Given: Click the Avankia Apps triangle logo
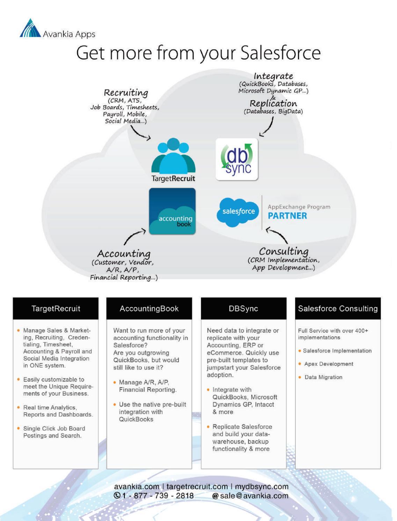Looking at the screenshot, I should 30,28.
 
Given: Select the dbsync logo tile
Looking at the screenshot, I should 237,159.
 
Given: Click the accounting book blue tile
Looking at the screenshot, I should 172,211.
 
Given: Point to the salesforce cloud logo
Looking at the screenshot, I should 238,211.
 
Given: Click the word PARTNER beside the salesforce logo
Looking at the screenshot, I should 287,216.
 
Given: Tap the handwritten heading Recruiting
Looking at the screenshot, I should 126,93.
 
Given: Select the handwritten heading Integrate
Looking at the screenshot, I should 273,76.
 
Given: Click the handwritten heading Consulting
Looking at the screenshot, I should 283,251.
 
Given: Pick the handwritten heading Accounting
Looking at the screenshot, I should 124,253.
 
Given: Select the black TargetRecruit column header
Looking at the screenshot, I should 56,309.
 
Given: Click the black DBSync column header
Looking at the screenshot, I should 243,309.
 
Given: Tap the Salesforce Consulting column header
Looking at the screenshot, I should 338,309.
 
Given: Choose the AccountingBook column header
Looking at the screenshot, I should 149,309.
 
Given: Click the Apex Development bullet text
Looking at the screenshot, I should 329,364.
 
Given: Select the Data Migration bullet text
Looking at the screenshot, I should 323,377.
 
